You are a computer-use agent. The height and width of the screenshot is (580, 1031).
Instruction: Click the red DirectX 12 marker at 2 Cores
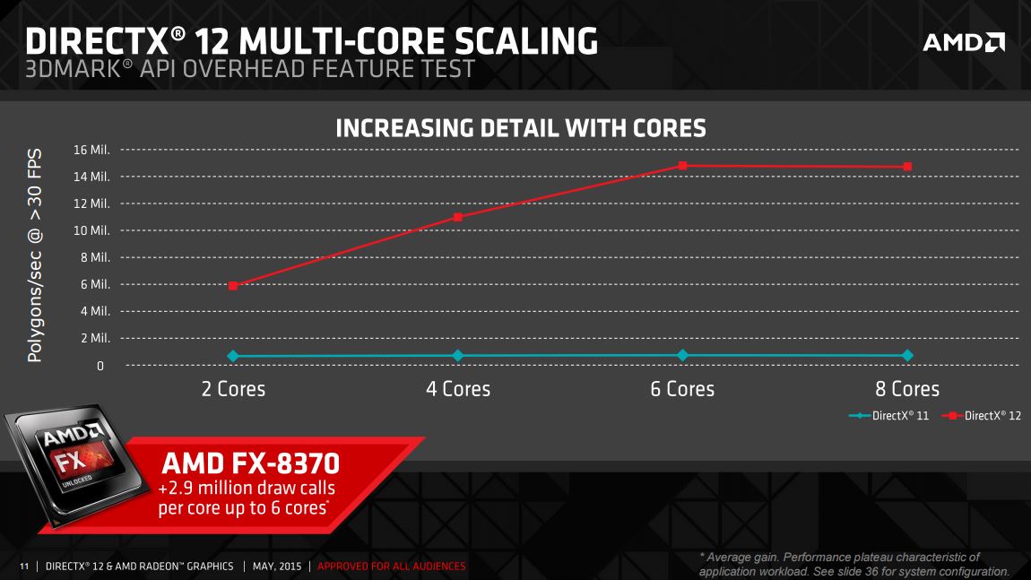233,285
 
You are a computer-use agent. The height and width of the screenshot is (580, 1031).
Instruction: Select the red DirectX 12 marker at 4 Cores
458,217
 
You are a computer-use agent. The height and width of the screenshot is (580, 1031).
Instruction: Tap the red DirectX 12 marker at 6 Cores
683,166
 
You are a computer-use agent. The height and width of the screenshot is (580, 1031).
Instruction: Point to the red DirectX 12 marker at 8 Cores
908,167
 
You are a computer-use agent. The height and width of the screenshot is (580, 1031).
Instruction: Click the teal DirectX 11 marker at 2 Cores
233,356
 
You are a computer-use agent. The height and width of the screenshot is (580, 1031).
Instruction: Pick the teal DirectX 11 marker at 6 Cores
683,355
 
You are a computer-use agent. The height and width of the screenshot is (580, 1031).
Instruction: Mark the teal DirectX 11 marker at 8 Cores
908,355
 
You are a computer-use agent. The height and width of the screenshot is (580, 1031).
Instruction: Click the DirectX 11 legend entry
890,416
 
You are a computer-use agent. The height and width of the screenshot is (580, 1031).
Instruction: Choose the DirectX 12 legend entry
982,416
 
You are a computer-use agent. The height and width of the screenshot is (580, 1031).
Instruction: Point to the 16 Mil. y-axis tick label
91,149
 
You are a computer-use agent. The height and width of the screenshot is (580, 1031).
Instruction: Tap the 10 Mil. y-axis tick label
91,230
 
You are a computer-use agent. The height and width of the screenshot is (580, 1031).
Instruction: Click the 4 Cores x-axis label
458,389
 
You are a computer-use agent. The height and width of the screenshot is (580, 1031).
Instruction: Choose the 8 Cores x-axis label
908,389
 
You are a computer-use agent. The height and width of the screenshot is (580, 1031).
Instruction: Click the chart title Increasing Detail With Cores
520,128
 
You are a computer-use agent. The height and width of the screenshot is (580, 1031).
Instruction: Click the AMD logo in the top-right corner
964,42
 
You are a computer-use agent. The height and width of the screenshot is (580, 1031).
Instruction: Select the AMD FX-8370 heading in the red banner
250,464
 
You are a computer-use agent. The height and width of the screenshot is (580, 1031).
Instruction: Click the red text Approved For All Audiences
392,567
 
